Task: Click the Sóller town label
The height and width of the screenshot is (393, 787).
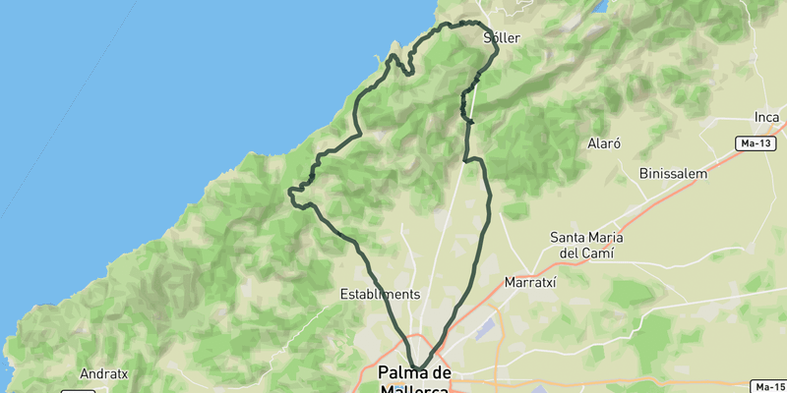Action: click(502, 38)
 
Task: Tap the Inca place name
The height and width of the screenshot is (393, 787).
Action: click(766, 118)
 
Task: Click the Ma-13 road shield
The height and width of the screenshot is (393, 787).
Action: click(756, 143)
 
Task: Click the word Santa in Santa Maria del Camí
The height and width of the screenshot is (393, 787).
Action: click(571, 237)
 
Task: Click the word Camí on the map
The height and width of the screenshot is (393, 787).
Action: click(597, 253)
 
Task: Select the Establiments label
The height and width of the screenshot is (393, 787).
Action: click(380, 294)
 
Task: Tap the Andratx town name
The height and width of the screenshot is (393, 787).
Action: click(105, 374)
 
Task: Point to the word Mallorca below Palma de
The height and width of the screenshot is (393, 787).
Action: click(414, 389)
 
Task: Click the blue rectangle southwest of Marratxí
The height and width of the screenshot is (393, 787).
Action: click(485, 331)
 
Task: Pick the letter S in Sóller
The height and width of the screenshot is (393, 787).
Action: click(489, 38)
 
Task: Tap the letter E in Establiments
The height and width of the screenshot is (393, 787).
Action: click(344, 294)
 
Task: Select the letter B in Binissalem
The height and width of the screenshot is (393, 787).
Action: click(643, 173)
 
